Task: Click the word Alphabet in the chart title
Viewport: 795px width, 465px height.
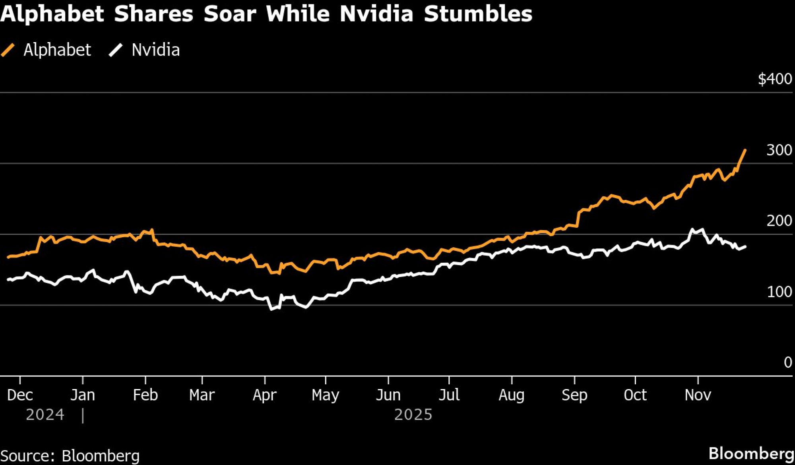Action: [52, 14]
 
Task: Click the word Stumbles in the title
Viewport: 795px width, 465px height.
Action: [478, 14]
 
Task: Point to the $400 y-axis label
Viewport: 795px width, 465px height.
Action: [775, 79]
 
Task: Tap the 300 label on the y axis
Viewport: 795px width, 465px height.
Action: [779, 150]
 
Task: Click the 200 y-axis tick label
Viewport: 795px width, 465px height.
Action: [779, 221]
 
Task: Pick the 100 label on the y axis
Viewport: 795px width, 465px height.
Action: [779, 292]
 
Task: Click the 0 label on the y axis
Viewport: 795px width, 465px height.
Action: [788, 362]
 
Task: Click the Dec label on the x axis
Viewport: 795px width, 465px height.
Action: [20, 395]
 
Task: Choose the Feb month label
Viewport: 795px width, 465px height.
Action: [145, 395]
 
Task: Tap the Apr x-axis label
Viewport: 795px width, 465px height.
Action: [264, 395]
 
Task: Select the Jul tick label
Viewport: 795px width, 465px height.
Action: [449, 395]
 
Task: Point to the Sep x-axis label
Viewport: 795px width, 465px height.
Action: [574, 395]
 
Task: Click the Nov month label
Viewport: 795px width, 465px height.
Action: [698, 395]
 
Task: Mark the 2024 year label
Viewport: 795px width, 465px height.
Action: [45, 415]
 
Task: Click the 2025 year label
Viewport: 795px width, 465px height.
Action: [413, 415]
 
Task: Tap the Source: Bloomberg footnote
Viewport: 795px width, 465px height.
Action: [70, 456]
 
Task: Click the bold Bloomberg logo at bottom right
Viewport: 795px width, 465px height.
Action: [751, 453]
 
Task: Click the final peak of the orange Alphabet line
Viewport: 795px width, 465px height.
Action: [745, 150]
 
